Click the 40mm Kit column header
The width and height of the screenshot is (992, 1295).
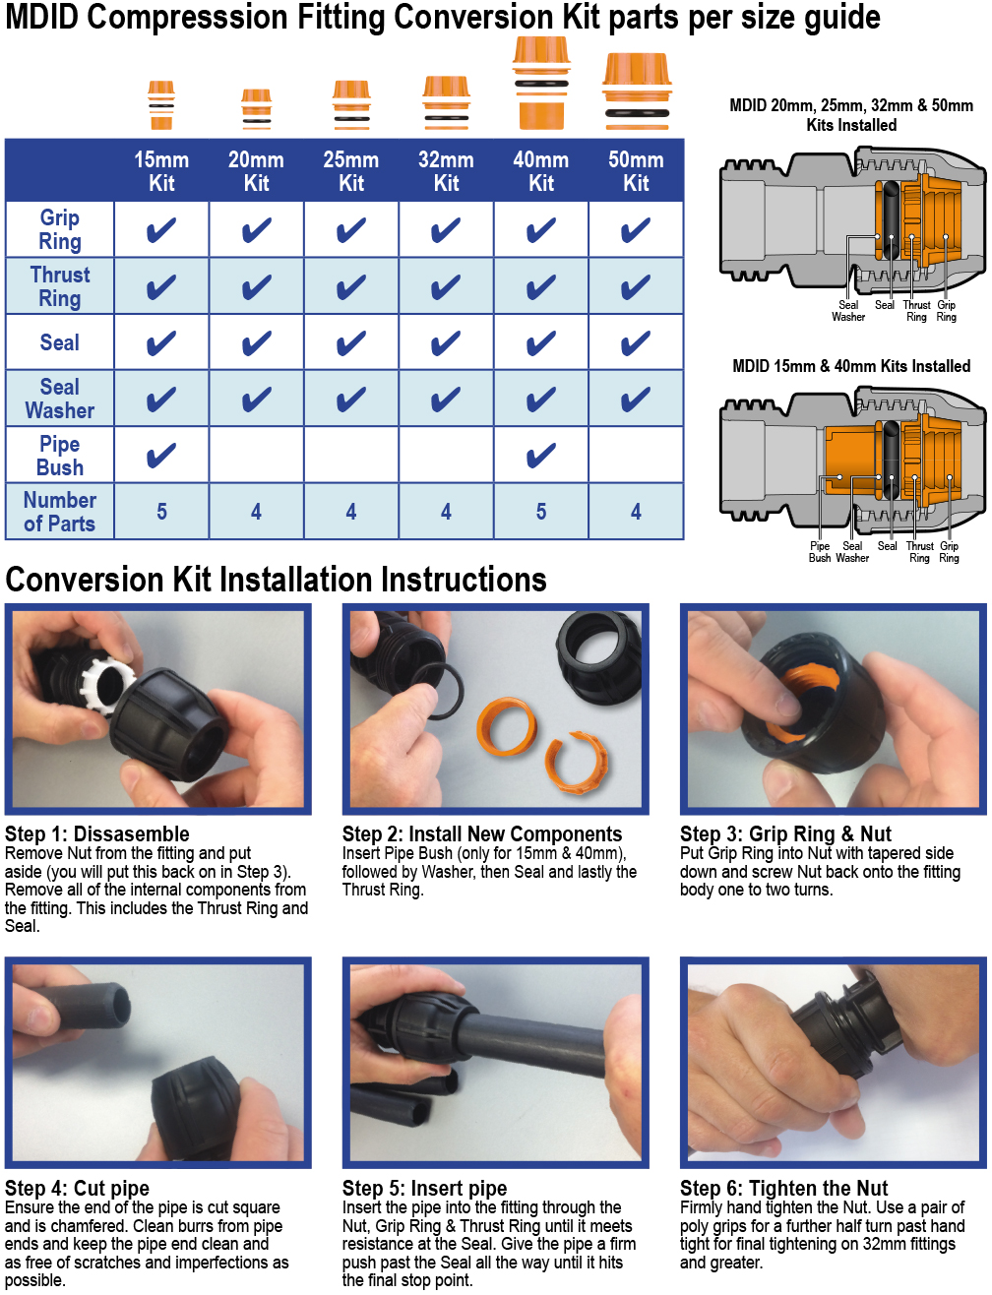(x=541, y=171)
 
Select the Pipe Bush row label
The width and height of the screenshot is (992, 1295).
(x=60, y=456)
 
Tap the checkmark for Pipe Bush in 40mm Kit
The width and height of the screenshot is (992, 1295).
(x=541, y=455)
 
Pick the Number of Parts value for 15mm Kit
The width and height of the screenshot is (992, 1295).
(x=161, y=512)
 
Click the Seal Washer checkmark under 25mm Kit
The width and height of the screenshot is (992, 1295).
(x=351, y=399)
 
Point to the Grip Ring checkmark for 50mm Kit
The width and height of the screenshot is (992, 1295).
(x=636, y=230)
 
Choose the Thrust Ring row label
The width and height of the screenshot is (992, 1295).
(x=60, y=286)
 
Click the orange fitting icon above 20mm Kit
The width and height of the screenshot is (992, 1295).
(x=256, y=109)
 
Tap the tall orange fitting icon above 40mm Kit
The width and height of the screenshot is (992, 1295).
(x=541, y=84)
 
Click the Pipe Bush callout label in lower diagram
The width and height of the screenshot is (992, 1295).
(x=820, y=552)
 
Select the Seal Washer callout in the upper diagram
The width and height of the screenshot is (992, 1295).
(x=848, y=311)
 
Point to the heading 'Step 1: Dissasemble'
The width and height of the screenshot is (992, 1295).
(x=97, y=833)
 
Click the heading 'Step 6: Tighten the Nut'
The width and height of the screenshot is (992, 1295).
(x=784, y=1188)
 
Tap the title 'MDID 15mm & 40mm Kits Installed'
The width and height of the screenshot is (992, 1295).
(x=851, y=366)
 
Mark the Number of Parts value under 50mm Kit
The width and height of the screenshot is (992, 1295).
(x=636, y=512)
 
